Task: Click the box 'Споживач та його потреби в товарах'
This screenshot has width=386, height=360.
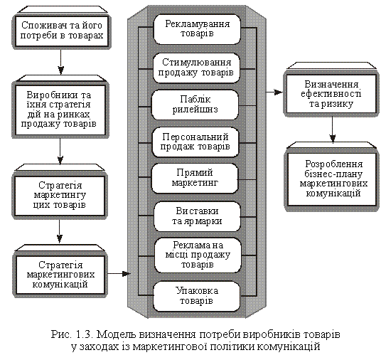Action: point(62,31)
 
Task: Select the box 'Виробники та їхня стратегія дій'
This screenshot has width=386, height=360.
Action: point(60,110)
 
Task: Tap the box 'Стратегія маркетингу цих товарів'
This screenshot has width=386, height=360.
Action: point(60,196)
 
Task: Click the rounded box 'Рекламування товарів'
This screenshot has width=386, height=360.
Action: point(197,29)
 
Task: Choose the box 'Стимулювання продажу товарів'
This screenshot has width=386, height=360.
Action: point(196,68)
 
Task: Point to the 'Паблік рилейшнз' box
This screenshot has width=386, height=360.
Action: point(195,105)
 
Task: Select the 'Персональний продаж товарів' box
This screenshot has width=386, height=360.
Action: point(195,142)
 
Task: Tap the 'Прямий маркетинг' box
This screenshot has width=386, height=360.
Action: point(195,179)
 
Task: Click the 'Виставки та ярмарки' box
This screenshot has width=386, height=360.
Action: point(197,216)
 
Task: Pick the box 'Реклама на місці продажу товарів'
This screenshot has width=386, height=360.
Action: point(198,255)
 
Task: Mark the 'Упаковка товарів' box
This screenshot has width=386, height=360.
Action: point(196,297)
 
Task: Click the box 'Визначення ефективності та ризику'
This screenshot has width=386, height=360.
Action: point(331,94)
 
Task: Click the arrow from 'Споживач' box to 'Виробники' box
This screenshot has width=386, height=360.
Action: point(61,62)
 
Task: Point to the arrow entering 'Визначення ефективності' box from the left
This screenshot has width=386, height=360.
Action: point(274,92)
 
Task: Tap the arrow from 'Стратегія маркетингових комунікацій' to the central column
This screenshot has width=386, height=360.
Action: point(119,273)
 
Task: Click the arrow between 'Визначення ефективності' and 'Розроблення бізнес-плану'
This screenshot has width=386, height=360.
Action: point(333,130)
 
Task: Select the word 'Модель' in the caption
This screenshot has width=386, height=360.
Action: point(116,334)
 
